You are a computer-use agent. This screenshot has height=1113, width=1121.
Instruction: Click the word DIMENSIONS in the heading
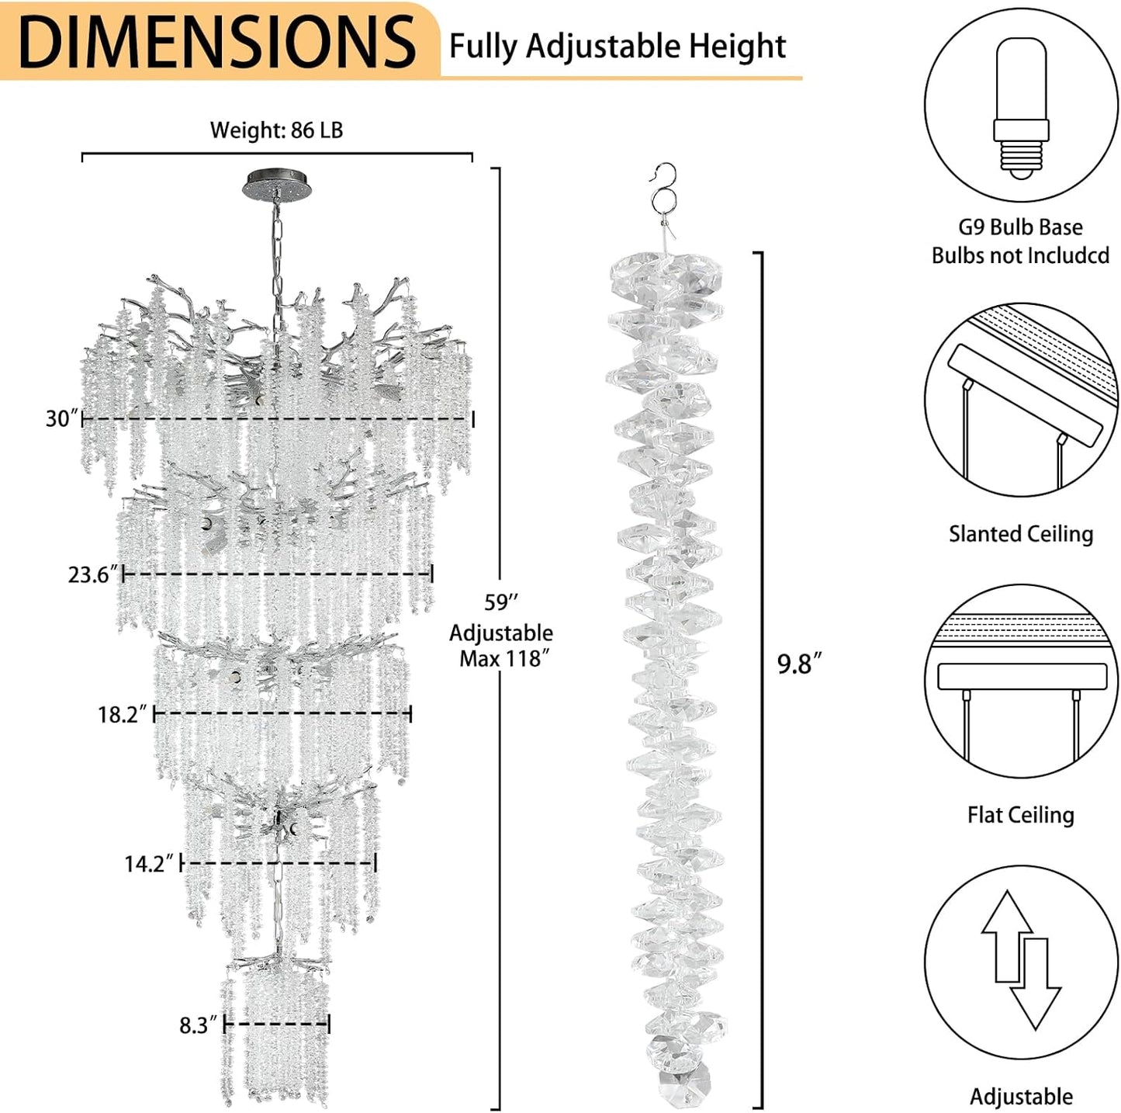tap(217, 40)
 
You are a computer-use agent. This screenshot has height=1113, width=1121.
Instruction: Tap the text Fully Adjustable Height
tap(618, 47)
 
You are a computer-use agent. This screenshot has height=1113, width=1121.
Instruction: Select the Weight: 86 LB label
tap(276, 130)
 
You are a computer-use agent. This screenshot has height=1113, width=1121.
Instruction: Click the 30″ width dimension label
tap(62, 419)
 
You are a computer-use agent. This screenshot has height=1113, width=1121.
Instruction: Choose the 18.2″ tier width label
tap(122, 715)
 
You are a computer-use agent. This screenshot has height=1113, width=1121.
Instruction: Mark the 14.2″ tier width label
tap(150, 864)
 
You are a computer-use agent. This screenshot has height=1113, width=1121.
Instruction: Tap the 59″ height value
tap(500, 602)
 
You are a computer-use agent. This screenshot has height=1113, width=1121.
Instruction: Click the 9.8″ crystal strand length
tap(799, 664)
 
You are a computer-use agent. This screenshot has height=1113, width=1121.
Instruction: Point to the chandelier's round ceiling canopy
tap(274, 184)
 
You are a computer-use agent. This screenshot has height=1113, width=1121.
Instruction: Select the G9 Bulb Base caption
tap(1020, 227)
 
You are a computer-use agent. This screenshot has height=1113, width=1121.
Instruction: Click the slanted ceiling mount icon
tap(1020, 400)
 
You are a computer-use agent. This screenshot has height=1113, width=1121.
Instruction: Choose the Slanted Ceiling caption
tap(1020, 534)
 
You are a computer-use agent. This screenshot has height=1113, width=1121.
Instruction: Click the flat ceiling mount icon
tap(1020, 681)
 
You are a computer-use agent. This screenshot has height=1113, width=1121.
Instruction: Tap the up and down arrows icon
tap(1020, 961)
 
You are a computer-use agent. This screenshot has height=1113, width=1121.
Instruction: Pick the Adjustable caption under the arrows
tap(1021, 1097)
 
